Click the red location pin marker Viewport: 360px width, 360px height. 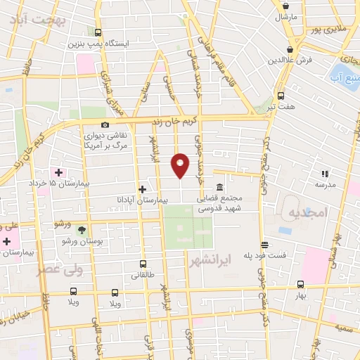(181, 164)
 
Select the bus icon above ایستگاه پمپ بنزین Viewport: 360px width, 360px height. (98, 32)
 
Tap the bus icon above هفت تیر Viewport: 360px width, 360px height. (281, 96)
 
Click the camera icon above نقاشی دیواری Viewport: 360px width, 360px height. (105, 125)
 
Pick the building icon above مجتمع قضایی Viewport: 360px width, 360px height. (220, 188)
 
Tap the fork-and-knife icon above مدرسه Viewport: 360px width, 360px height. (324, 173)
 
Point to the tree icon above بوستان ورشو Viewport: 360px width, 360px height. (82, 230)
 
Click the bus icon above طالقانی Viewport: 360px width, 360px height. (143, 265)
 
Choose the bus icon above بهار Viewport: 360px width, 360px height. (301, 285)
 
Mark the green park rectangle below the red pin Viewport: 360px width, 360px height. (188, 228)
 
